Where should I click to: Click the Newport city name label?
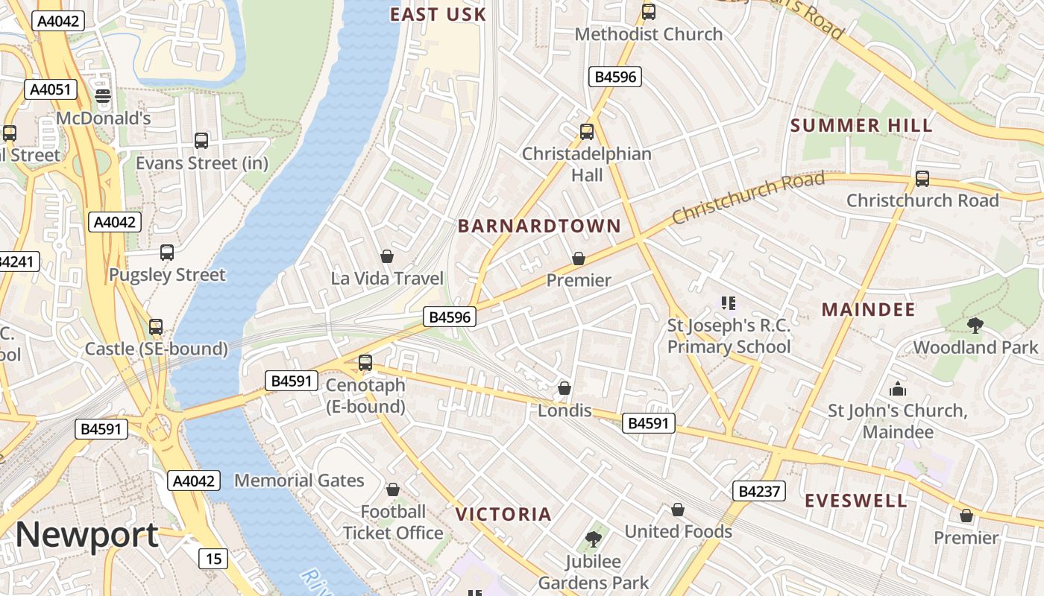point(87,535)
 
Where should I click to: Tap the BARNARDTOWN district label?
point(539,226)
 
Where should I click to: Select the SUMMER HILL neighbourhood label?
point(861,126)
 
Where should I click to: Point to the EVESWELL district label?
point(856,501)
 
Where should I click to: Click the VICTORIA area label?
point(503,514)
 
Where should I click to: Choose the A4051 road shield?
point(51,90)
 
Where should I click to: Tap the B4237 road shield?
point(758,491)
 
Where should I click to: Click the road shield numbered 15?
point(213,558)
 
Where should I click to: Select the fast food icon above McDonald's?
point(103,95)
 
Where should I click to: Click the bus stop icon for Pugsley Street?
point(167,253)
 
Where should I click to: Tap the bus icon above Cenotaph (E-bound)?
point(365,363)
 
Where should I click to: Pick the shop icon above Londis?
point(565,388)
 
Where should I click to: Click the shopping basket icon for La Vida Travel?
point(387,256)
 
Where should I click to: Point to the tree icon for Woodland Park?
point(975,325)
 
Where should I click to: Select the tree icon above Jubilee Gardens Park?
point(594,539)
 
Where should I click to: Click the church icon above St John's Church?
point(897,389)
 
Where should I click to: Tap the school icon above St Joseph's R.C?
point(729,302)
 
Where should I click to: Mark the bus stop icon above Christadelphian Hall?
point(587,132)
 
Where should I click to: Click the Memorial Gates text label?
point(299,481)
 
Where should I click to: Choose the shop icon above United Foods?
point(678,510)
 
